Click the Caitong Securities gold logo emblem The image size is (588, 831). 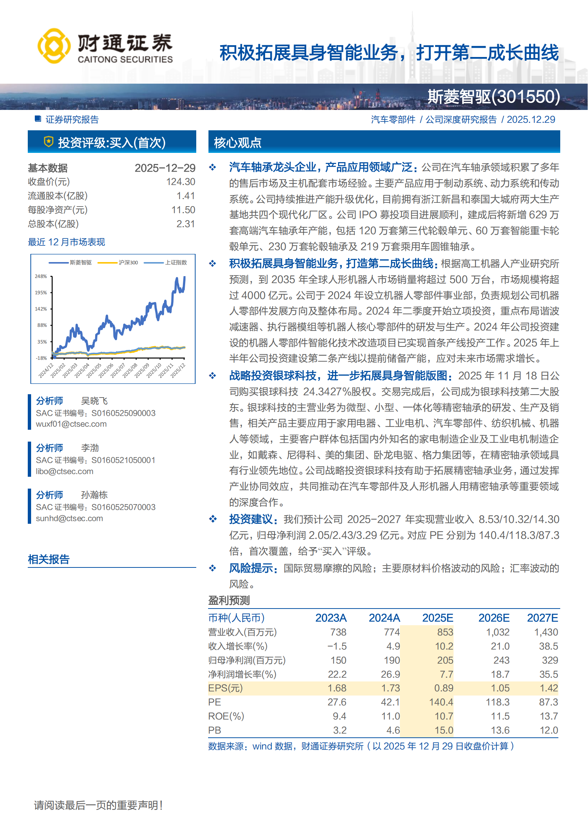[54, 46]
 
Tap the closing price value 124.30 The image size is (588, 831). [180, 182]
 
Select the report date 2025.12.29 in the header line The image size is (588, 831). [531, 120]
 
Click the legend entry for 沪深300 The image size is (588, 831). [128, 262]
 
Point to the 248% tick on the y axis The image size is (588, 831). [41, 277]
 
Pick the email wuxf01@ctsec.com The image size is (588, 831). [71, 424]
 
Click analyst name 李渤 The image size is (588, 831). [90, 448]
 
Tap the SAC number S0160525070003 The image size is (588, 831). [123, 507]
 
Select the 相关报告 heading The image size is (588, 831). [49, 559]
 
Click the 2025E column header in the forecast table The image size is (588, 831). [438, 618]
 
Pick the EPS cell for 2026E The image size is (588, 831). [500, 688]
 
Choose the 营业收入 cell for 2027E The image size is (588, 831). [546, 632]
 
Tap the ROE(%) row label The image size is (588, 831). [226, 716]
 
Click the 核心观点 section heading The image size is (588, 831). [238, 143]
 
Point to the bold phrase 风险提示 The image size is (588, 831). [253, 568]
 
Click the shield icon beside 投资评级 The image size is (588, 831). [49, 142]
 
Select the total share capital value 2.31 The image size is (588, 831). [186, 224]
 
